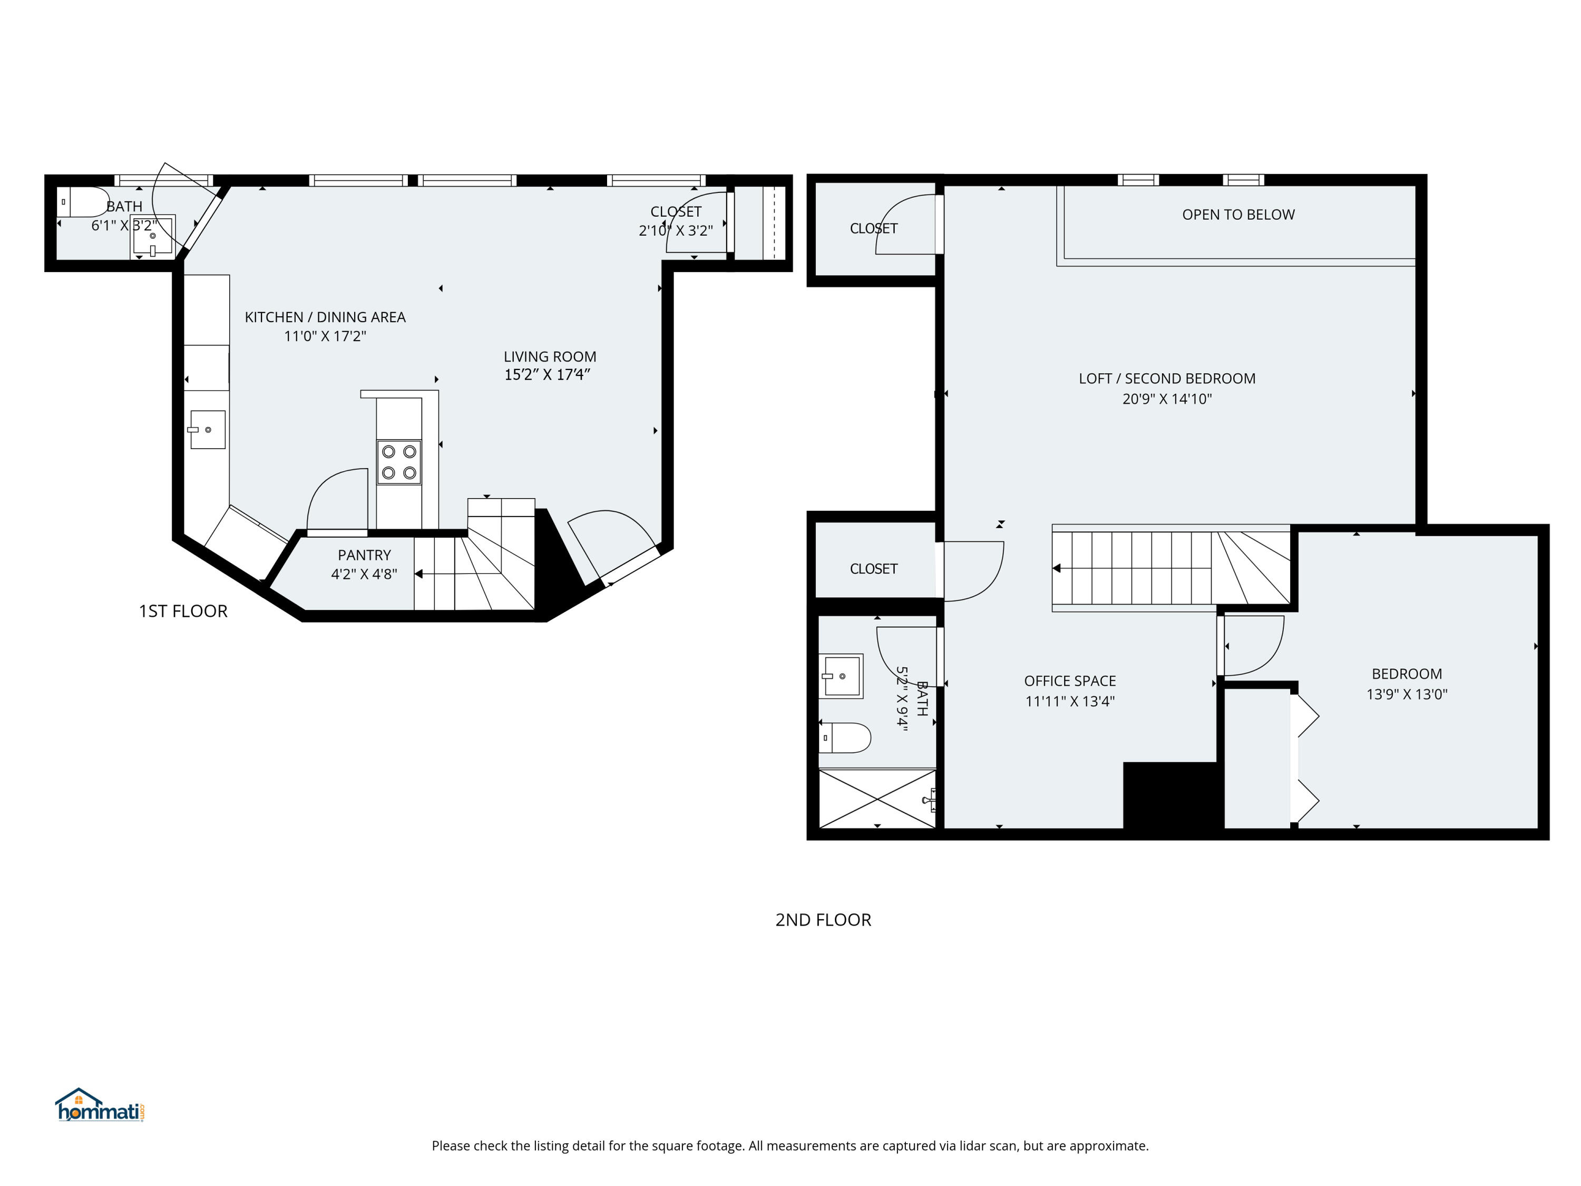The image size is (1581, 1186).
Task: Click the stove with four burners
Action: pos(399,462)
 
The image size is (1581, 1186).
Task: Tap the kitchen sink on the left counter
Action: pos(207,430)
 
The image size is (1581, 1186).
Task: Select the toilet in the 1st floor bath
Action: pos(84,202)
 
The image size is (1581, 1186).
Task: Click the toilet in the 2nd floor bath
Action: pos(845,737)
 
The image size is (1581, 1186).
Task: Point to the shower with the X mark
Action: pos(877,799)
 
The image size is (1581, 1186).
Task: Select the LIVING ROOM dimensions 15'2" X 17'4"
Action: pos(547,375)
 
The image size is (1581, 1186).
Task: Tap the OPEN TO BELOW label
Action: pos(1238,215)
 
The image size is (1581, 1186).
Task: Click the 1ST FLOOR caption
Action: pos(183,611)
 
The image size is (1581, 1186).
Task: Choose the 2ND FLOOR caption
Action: pos(823,920)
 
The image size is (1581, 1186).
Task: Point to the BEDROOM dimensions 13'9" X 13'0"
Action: pos(1406,694)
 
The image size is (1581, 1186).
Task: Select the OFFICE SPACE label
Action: pos(1069,681)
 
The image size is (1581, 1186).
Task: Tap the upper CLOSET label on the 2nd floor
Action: pos(873,229)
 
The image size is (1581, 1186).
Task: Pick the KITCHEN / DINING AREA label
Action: pos(325,317)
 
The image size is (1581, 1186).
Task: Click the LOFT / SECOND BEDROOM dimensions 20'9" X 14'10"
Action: pos(1166,399)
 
